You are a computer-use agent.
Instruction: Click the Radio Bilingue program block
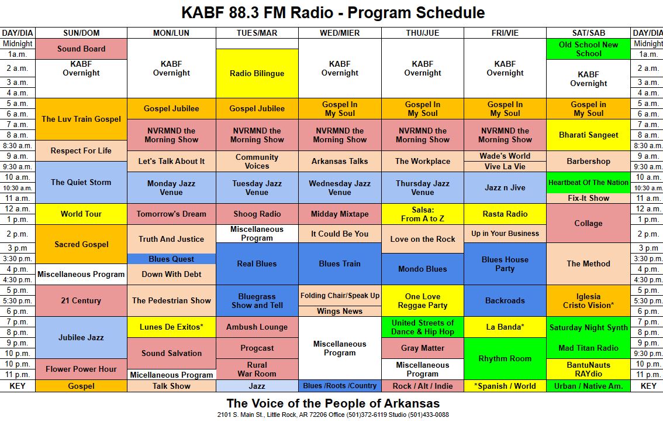[257, 73]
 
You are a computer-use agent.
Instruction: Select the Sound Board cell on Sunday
[81, 49]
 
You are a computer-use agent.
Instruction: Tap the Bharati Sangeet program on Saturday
[589, 135]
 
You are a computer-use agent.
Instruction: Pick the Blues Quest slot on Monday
[171, 259]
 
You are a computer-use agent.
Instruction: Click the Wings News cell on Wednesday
[340, 312]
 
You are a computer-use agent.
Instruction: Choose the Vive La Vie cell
[505, 166]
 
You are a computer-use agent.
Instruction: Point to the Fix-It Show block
[589, 198]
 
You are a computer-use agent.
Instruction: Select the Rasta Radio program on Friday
[505, 214]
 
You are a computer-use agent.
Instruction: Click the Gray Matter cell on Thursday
[422, 348]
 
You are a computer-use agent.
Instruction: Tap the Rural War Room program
[257, 369]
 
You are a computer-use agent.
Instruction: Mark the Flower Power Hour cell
[81, 369]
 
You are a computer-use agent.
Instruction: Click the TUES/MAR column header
[257, 33]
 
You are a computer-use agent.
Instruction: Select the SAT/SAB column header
[589, 33]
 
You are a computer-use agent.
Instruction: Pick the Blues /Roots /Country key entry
[340, 386]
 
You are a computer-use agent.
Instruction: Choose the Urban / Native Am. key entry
[589, 386]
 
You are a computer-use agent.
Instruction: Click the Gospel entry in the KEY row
[81, 386]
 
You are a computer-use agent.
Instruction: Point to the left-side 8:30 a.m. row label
[18, 146]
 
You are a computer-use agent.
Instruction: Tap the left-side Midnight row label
[18, 44]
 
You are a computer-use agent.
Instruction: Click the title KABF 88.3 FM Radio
[257, 13]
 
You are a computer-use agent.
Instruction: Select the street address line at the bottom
[333, 415]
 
